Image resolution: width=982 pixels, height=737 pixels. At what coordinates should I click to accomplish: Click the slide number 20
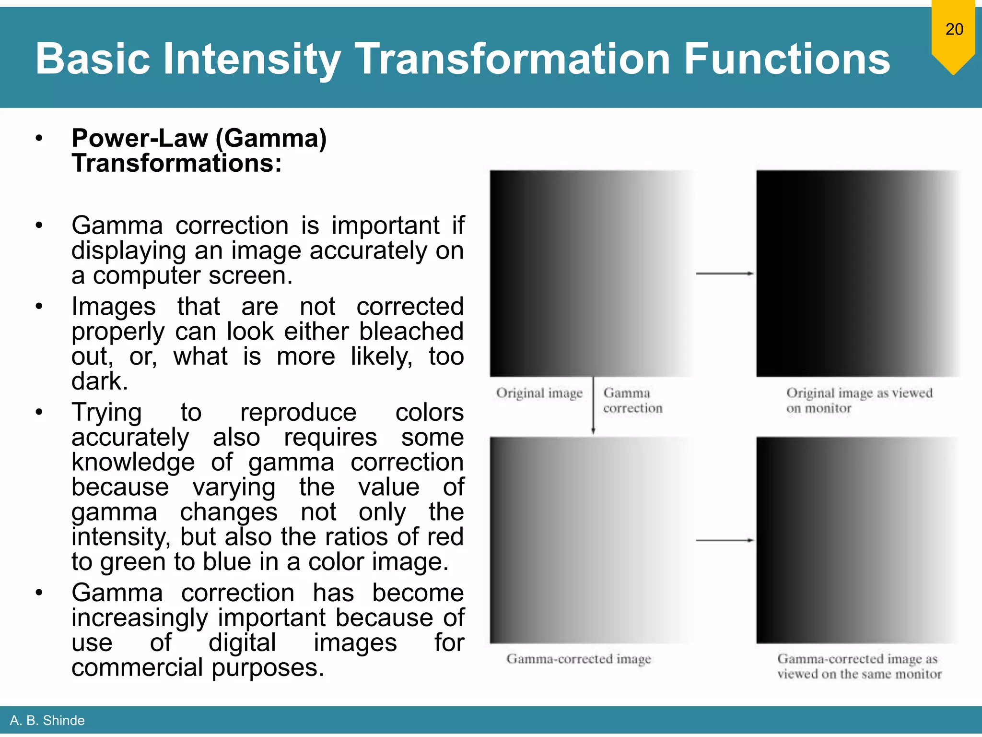(x=954, y=29)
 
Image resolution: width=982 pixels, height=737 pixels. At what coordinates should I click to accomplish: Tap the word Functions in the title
(x=786, y=59)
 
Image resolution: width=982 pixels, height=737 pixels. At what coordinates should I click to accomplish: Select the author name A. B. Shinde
(x=47, y=720)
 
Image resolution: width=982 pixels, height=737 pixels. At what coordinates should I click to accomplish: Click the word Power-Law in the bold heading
(x=140, y=139)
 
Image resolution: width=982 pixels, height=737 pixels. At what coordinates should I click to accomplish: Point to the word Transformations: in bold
(x=176, y=164)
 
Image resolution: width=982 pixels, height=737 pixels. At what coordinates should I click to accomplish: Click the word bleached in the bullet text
(x=411, y=332)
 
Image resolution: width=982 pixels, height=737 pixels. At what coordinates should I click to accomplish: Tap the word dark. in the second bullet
(x=100, y=381)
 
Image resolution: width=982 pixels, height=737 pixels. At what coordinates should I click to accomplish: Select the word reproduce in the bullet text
(x=298, y=413)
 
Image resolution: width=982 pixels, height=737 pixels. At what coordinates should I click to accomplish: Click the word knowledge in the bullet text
(x=133, y=463)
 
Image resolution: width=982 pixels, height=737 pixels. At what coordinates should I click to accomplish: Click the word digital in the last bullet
(x=242, y=643)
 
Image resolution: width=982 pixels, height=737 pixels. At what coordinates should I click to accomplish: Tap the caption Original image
(x=539, y=393)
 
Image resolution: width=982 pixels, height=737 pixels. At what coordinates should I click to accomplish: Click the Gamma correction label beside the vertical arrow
(x=632, y=401)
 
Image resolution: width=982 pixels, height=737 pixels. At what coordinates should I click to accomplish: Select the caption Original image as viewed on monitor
(x=859, y=401)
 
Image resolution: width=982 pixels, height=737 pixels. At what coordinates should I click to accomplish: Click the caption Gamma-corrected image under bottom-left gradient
(x=578, y=659)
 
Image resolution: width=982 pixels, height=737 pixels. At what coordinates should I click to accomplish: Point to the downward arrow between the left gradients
(x=593, y=405)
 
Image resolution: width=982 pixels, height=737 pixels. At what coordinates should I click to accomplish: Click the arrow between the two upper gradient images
(x=725, y=273)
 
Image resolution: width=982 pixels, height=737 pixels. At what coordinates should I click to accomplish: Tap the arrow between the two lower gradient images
(x=725, y=540)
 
